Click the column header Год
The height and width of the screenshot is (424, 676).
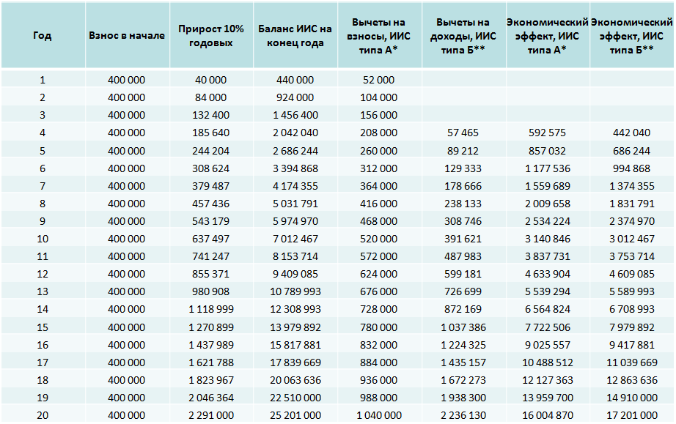pyautogui.click(x=43, y=35)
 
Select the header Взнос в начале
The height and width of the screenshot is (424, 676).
pyautogui.click(x=127, y=35)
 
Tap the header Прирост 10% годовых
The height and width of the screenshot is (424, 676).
pyautogui.click(x=211, y=35)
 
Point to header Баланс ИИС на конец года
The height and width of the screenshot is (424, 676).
pyautogui.click(x=295, y=35)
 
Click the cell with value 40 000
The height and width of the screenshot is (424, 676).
pyautogui.click(x=211, y=80)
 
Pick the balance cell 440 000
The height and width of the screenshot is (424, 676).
pyautogui.click(x=295, y=80)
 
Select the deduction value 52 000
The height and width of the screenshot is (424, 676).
pyautogui.click(x=379, y=80)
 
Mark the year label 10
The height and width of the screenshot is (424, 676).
pyautogui.click(x=43, y=239)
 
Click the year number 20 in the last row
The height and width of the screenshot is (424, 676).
pyautogui.click(x=43, y=415)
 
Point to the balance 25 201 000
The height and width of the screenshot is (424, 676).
pyautogui.click(x=295, y=415)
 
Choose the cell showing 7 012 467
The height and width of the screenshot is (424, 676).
pyautogui.click(x=295, y=239)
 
